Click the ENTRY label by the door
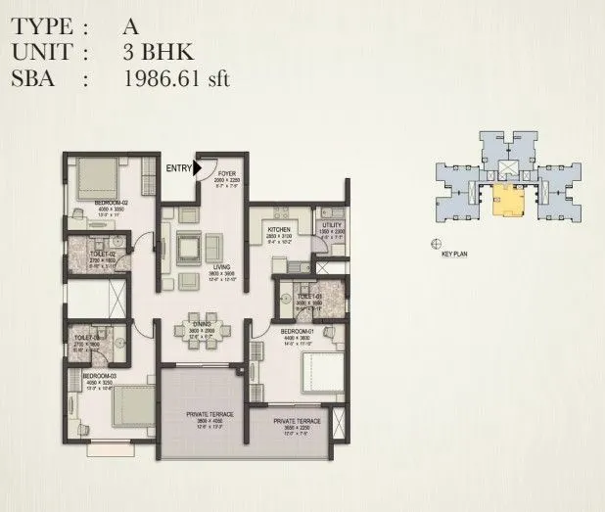(x=179, y=168)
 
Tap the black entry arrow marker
(x=197, y=168)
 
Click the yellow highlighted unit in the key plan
(x=507, y=199)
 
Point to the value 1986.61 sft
(x=176, y=80)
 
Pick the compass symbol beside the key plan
(x=436, y=242)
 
